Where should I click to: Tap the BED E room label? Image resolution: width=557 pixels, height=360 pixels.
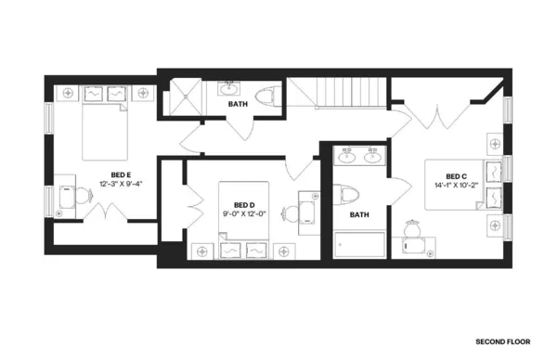click(121, 174)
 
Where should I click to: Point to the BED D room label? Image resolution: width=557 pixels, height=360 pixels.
click(244, 205)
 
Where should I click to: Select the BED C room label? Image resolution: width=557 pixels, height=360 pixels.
click(455, 177)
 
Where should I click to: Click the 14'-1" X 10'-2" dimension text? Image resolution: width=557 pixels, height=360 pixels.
click(455, 186)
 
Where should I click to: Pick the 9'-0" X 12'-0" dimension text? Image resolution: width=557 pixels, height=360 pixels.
click(244, 214)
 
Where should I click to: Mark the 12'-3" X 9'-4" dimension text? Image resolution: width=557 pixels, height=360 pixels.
click(121, 184)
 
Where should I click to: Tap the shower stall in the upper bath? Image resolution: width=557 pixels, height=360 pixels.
click(180, 97)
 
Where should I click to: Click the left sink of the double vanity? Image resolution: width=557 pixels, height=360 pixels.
click(348, 156)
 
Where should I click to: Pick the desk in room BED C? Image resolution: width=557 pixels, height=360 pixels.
click(415, 243)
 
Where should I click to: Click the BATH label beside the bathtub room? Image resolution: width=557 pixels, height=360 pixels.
click(359, 215)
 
